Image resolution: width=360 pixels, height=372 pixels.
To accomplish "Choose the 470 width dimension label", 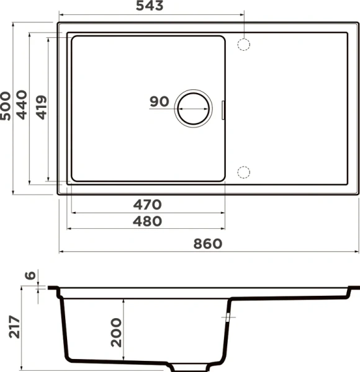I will [146, 205].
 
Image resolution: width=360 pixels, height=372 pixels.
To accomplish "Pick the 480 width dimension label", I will [146, 221].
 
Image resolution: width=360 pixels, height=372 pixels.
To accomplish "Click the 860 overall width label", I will [207, 244].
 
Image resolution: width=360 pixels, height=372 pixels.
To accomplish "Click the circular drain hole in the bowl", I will [193, 107].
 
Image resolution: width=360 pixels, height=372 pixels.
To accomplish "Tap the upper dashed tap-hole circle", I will [245, 45].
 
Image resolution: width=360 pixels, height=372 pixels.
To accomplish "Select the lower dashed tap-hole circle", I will [245, 172].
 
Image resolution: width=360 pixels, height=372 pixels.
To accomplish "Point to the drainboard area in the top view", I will [292, 108].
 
